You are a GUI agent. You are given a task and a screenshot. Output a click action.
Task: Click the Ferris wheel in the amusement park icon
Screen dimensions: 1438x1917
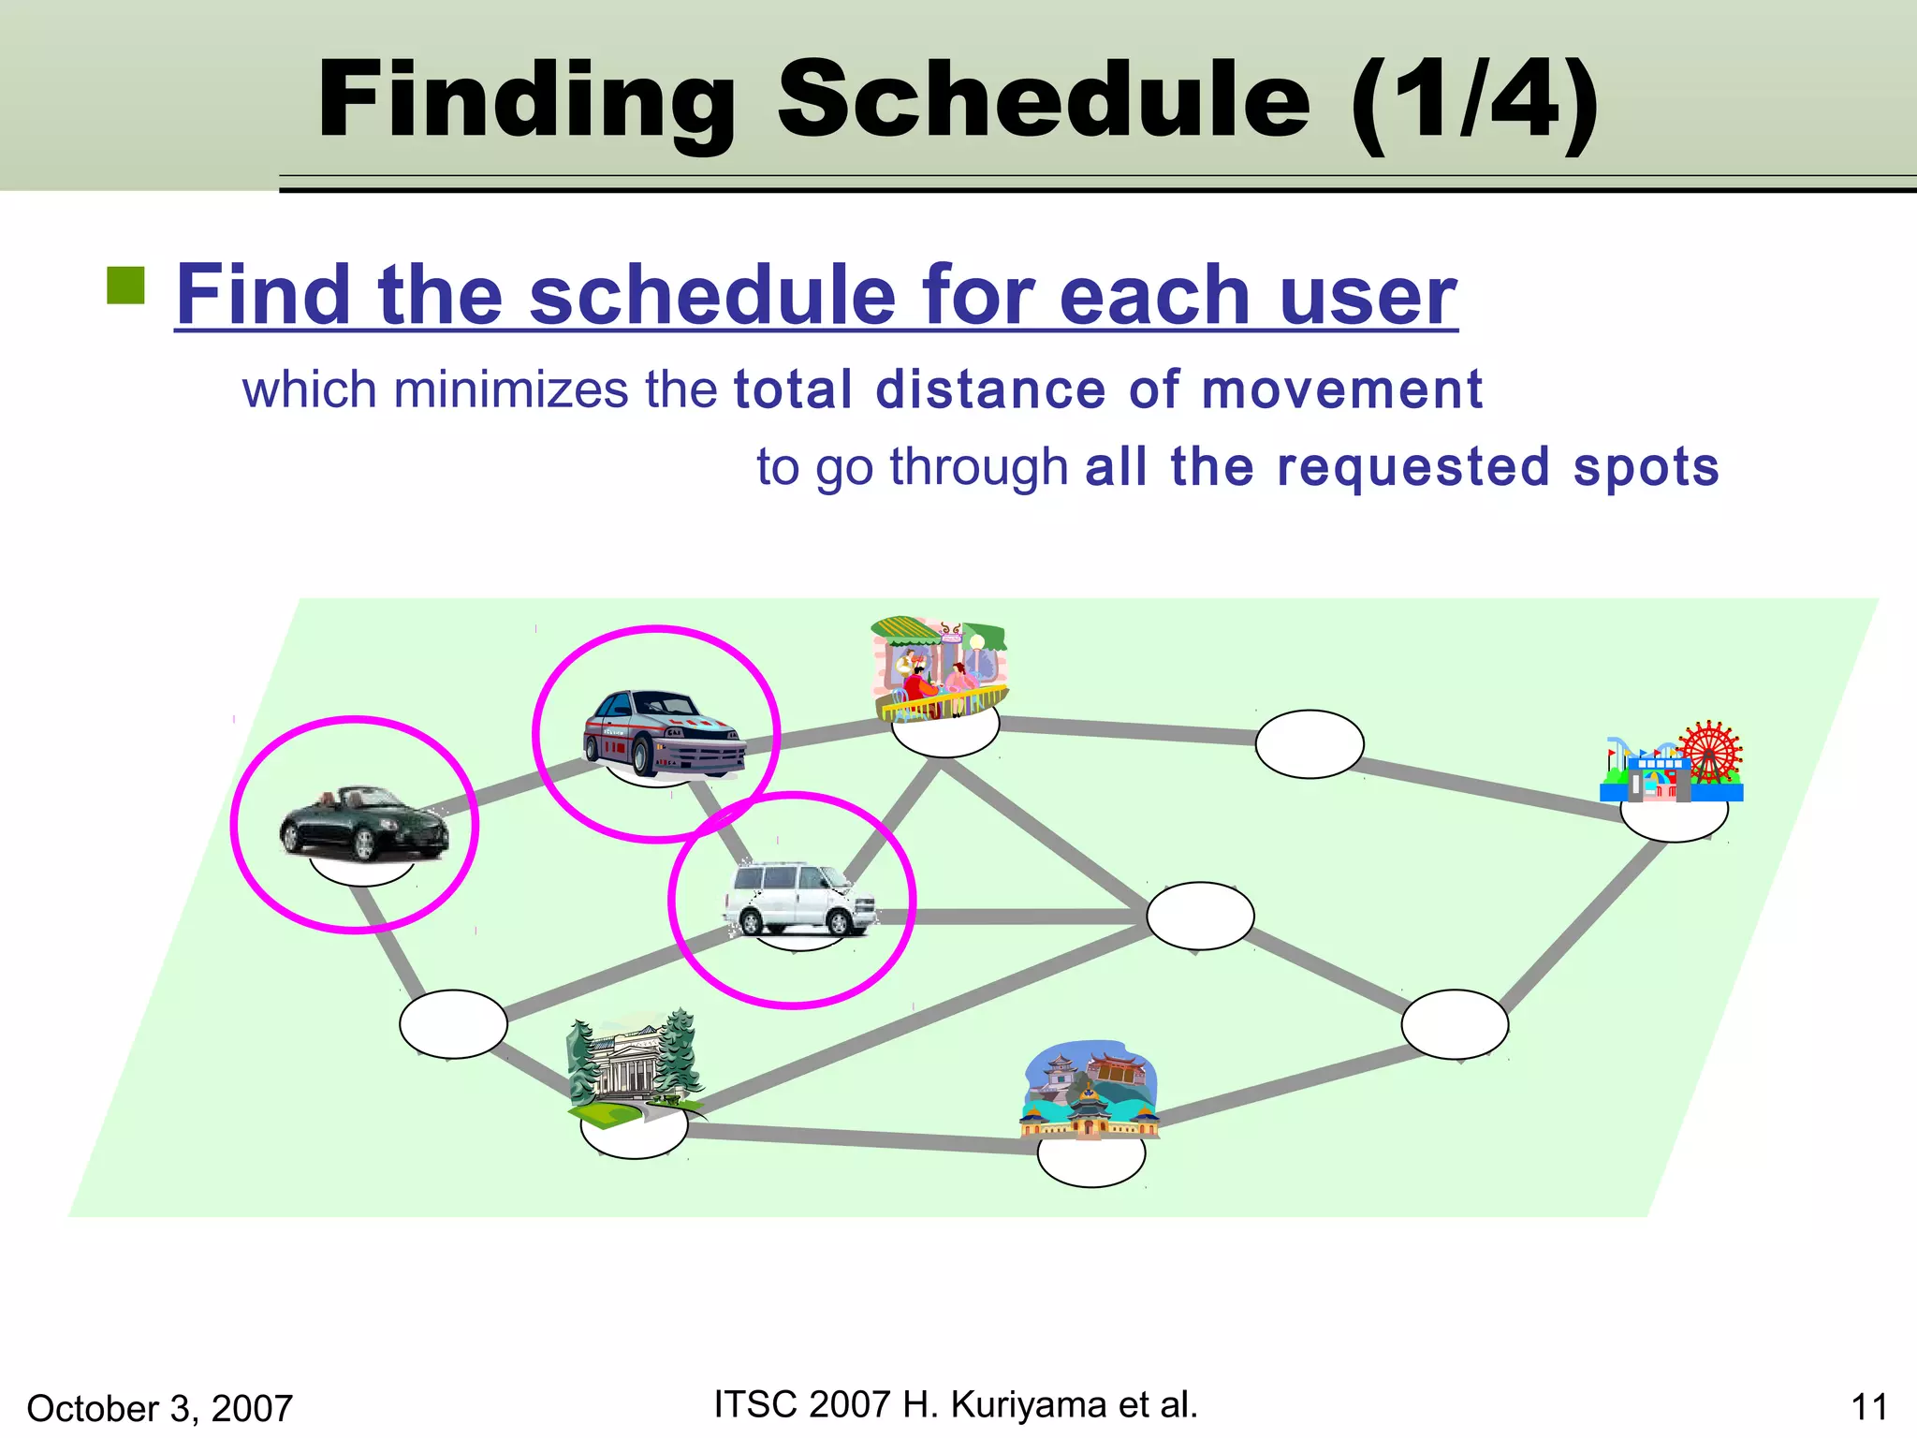pyautogui.click(x=1709, y=752)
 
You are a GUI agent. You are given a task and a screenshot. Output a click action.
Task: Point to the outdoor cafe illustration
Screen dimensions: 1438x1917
pyautogui.click(x=939, y=668)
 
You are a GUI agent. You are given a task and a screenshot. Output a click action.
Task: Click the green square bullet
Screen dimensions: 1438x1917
pyautogui.click(x=126, y=286)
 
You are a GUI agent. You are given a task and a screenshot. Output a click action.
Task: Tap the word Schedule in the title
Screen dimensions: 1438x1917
pyautogui.click(x=1043, y=99)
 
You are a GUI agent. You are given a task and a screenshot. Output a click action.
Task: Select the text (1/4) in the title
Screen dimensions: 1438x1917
pyautogui.click(x=1474, y=99)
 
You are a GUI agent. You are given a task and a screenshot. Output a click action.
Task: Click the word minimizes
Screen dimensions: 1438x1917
pyautogui.click(x=511, y=389)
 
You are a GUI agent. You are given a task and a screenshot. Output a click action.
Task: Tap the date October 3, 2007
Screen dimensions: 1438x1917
pyautogui.click(x=160, y=1408)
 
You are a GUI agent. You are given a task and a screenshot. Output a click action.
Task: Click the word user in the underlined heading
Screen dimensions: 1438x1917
pyautogui.click(x=1368, y=295)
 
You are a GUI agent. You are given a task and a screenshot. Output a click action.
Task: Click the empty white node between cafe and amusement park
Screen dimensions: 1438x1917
pyautogui.click(x=1309, y=744)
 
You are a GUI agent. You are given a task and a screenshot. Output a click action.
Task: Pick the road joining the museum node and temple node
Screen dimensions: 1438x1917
pyautogui.click(x=861, y=1138)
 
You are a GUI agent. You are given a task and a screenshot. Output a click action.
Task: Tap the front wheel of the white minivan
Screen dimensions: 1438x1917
pyautogui.click(x=838, y=923)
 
